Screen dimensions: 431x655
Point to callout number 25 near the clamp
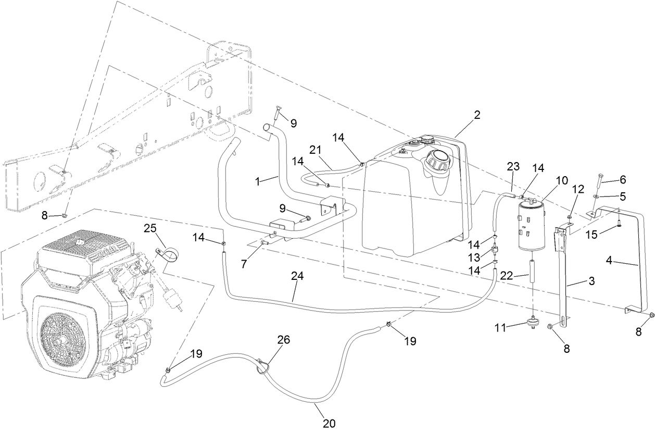tap(150, 229)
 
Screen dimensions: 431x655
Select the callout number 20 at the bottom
tap(329, 423)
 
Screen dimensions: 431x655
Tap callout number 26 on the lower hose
tap(283, 340)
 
